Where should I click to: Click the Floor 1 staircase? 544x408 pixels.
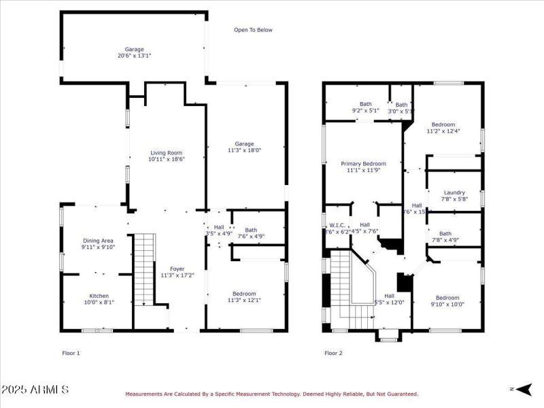click(x=144, y=269)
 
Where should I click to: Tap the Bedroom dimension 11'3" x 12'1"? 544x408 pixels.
click(x=244, y=300)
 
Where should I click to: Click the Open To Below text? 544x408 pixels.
click(x=253, y=30)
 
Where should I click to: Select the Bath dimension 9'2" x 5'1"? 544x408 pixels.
click(x=365, y=111)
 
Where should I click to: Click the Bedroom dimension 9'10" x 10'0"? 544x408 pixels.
click(x=447, y=305)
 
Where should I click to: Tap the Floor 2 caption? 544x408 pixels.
click(x=334, y=353)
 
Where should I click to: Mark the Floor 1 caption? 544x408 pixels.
click(x=71, y=353)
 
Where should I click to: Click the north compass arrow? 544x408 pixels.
click(x=522, y=389)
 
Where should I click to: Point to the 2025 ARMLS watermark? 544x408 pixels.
click(x=35, y=390)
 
